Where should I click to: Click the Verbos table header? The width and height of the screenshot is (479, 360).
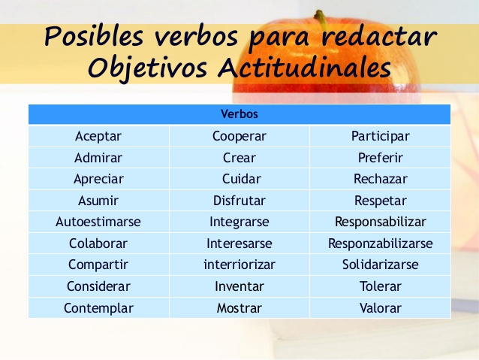point(239,114)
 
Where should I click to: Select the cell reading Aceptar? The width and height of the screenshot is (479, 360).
point(98,136)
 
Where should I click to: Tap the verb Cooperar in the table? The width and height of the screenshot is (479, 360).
point(239,136)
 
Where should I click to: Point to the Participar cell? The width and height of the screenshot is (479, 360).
point(381,136)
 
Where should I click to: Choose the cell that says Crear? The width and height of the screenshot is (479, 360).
point(239,158)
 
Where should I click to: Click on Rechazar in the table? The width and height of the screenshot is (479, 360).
point(381,179)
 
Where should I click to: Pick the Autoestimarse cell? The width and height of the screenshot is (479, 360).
point(98,222)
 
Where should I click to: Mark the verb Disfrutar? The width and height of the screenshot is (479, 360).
point(239,201)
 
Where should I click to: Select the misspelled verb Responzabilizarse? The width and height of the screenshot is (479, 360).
point(381,244)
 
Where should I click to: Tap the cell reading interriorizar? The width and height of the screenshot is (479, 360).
point(239,265)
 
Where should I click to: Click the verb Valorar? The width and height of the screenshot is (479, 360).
point(381,308)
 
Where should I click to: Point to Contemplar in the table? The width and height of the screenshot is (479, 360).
point(98,308)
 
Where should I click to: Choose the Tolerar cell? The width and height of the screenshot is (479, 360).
point(381,286)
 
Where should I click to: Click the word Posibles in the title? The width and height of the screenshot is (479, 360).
point(94,36)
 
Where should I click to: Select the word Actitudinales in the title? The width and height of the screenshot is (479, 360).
point(304,68)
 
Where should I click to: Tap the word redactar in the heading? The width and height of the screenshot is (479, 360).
point(379,37)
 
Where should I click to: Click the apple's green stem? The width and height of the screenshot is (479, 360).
point(320,19)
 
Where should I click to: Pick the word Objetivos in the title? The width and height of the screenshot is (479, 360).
point(148,68)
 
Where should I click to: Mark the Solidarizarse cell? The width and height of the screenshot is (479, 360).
point(381,265)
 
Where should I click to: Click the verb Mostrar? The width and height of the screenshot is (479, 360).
point(239,308)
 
